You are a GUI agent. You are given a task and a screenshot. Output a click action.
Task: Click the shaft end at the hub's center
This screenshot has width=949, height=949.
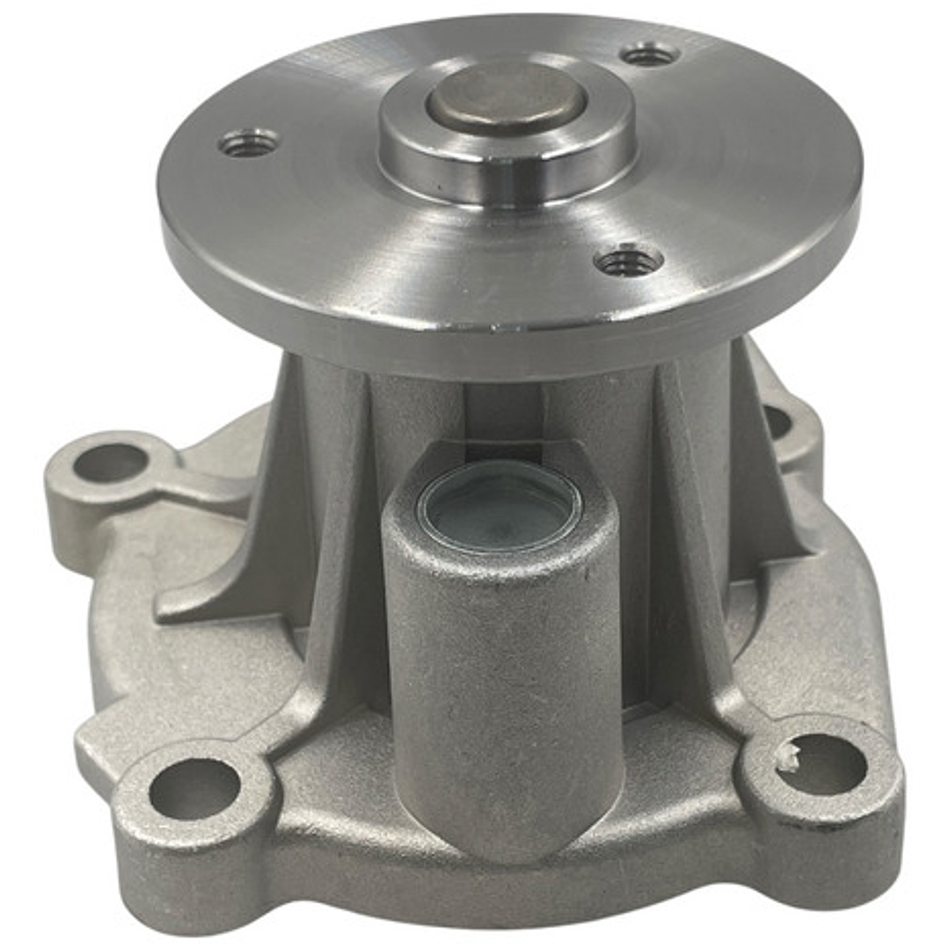[506, 95]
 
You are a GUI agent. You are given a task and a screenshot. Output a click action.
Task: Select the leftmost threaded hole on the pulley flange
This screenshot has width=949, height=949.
[249, 142]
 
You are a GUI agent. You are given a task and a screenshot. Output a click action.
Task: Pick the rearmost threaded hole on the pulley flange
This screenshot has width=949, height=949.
[649, 55]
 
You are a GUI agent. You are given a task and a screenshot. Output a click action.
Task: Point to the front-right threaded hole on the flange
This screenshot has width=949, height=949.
[628, 261]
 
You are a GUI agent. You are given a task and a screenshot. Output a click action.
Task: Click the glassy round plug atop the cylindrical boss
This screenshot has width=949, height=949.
[498, 507]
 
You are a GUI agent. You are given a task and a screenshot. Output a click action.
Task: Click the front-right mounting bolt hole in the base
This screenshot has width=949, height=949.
[822, 763]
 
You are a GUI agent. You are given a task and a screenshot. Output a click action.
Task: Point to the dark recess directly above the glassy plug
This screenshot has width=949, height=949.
[501, 413]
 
